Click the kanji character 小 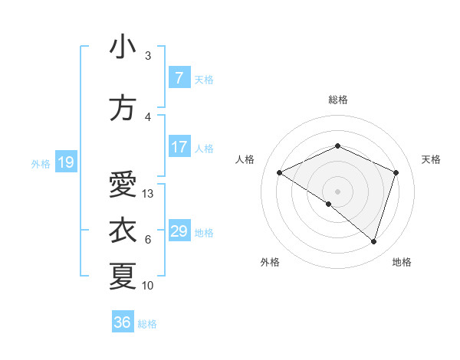point(123,47)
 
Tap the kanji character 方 point(123,109)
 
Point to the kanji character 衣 point(123,230)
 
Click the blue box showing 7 point(179,78)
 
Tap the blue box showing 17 point(179,147)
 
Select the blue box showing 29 point(179,231)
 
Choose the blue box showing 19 point(65,162)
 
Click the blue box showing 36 point(123,322)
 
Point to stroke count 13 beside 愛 point(148,194)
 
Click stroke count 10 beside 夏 point(148,286)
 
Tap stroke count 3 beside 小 point(148,56)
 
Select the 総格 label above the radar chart point(337,100)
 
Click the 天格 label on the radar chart point(432,159)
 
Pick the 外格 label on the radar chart point(270,262)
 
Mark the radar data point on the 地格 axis point(373,242)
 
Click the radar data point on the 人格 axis point(280,173)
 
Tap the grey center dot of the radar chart point(337,191)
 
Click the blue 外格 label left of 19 point(40,163)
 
